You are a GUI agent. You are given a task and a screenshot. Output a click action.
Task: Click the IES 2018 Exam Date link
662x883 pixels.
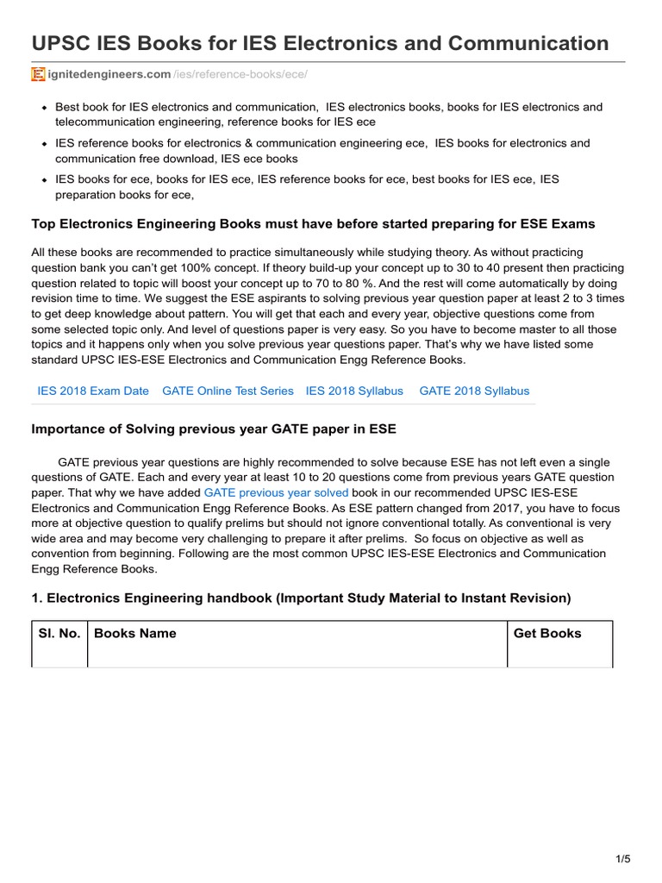pyautogui.click(x=93, y=391)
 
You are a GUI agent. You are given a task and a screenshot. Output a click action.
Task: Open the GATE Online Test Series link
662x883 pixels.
pyautogui.click(x=228, y=391)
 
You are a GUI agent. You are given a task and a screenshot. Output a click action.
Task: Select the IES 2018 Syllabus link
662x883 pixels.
pyautogui.click(x=354, y=391)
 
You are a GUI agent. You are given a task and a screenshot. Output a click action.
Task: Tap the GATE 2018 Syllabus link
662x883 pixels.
pyautogui.click(x=474, y=391)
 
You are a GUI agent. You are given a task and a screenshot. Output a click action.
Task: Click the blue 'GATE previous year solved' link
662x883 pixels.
pyautogui.click(x=276, y=492)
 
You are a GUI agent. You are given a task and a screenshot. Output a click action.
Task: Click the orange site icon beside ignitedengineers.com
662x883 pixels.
pyautogui.click(x=38, y=75)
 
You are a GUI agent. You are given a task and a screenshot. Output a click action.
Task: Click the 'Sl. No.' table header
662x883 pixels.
pyautogui.click(x=59, y=633)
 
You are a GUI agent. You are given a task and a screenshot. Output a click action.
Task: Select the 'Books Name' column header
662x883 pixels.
pyautogui.click(x=135, y=633)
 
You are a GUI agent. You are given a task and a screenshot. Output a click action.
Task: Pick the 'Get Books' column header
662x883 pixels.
pyautogui.click(x=547, y=633)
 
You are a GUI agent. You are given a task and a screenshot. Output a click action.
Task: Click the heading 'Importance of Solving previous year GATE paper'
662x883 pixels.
pyautogui.click(x=214, y=429)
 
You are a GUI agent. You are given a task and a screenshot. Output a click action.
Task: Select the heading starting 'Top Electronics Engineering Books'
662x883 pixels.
pyautogui.click(x=313, y=223)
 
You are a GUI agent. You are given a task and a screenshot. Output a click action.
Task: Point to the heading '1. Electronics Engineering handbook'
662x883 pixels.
pyautogui.click(x=301, y=598)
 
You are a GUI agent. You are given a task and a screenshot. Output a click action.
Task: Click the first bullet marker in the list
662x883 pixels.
pyautogui.click(x=44, y=108)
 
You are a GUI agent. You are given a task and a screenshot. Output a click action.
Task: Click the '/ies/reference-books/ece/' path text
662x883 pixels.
pyautogui.click(x=240, y=75)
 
